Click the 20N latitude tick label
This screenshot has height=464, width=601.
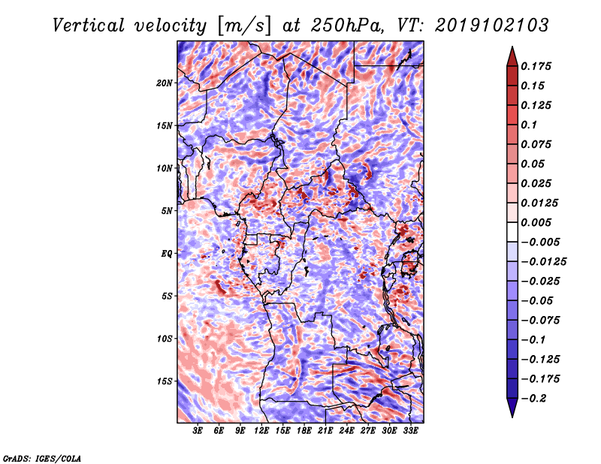pos(164,83)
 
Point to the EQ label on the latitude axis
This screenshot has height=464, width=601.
pos(166,254)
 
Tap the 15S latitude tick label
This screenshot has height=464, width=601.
pos(164,381)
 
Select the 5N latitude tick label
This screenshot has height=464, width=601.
pos(166,211)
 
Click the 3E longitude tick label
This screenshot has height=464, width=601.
pos(198,431)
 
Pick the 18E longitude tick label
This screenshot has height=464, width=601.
pos(304,431)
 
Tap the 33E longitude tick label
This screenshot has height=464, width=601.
pos(410,431)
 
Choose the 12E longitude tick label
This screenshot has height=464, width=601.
pos(261,431)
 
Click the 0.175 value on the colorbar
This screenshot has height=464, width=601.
pos(536,66)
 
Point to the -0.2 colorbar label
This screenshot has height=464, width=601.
pos(533,399)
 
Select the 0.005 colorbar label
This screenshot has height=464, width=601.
pos(536,222)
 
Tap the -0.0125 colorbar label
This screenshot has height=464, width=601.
pos(543,262)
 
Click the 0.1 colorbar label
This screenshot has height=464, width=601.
pos(529,125)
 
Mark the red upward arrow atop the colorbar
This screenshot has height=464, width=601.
pos(512,56)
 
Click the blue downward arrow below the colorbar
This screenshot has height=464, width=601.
pos(512,408)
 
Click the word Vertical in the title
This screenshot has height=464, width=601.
pos(89,26)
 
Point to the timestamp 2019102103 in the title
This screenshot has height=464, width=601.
pos(492,26)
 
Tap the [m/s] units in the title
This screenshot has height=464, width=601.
pos(244,26)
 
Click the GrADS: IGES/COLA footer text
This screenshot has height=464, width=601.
pos(42,458)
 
